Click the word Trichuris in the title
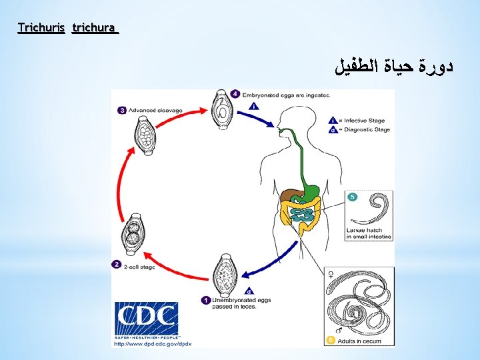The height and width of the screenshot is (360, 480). (x=41, y=28)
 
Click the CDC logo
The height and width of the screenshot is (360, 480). (x=146, y=320)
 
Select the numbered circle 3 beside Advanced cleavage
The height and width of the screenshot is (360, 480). (x=122, y=110)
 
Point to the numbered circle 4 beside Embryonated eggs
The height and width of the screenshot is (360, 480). (x=236, y=94)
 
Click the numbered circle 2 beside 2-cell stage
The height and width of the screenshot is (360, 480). (x=117, y=265)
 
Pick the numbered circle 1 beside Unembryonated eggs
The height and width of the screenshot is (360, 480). (x=206, y=301)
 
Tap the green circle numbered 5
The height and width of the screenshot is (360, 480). (x=353, y=197)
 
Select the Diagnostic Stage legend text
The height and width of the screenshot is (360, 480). (x=367, y=129)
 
